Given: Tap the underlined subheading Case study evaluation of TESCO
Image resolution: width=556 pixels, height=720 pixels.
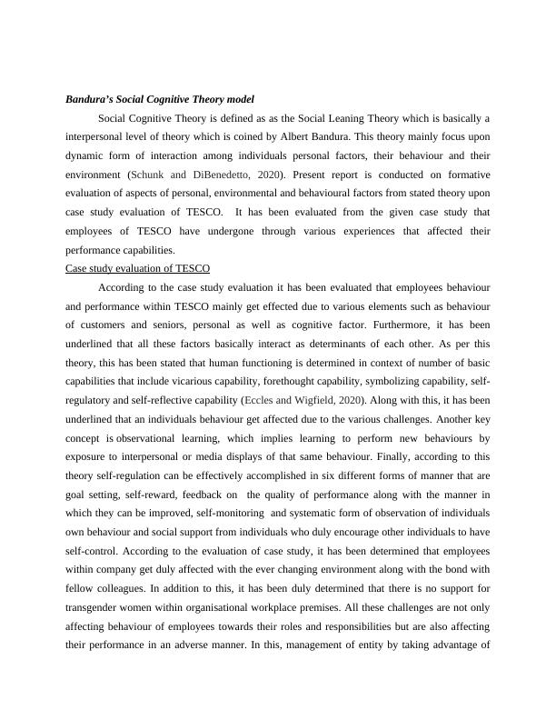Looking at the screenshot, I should click(138, 268).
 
